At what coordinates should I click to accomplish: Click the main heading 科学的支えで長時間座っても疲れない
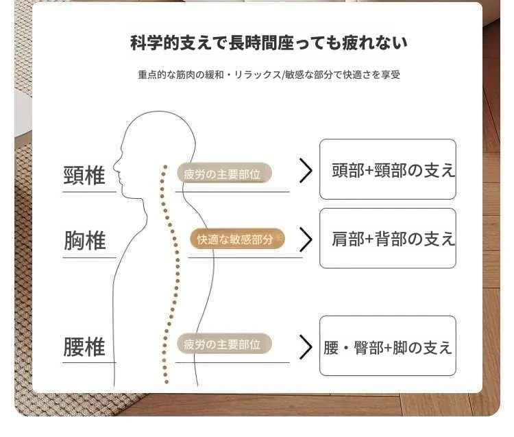tap(269, 43)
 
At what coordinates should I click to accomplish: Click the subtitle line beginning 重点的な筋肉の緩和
tap(269, 75)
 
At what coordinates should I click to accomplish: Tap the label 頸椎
tap(84, 176)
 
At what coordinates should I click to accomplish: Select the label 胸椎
tap(84, 241)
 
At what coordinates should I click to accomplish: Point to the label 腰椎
tap(84, 346)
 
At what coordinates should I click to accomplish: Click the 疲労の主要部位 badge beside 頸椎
tap(225, 174)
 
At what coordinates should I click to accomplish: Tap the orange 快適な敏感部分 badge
tap(237, 239)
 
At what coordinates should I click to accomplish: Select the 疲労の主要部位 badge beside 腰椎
tap(225, 344)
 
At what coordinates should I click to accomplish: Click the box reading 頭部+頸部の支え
tap(388, 169)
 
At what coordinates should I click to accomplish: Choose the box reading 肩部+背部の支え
tap(388, 238)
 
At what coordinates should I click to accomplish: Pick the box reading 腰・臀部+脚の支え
tap(388, 346)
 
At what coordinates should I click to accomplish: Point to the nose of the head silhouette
tap(114, 167)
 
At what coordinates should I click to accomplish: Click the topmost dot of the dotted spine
tap(165, 167)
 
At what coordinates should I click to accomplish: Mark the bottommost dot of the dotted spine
tap(167, 382)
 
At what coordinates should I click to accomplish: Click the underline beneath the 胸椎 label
tap(89, 257)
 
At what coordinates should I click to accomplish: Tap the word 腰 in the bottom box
tap(331, 348)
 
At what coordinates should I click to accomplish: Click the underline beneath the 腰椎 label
tap(89, 362)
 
